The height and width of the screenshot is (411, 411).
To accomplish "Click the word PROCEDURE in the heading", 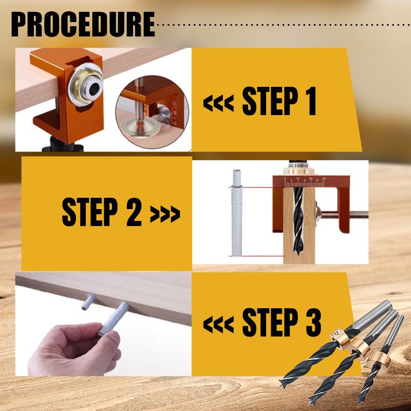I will (x=83, y=24).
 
